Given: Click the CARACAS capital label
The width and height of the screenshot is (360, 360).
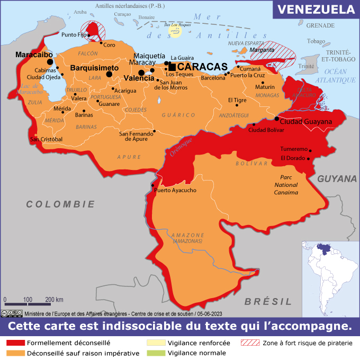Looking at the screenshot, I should coord(202,67).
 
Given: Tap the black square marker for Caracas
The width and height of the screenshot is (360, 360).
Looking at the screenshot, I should coord(172,67).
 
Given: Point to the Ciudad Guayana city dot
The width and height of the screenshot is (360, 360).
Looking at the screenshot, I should coord(276,119).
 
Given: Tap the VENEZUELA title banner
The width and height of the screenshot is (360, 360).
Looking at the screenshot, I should coord(316,10).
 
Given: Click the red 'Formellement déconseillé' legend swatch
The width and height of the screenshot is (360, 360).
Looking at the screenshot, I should coord(15,343).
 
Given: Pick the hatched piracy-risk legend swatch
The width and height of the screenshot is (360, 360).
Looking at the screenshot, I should coord(250,343).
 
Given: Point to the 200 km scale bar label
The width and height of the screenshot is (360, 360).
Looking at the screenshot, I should coord(54,300).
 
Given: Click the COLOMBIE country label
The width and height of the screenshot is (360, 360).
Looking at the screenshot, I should coord(60,204).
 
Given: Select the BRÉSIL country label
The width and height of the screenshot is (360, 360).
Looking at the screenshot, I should coord(268,301).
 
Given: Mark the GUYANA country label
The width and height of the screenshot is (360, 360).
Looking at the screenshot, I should coord(337,179).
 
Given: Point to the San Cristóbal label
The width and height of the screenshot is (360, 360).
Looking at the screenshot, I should coord(46,139).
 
